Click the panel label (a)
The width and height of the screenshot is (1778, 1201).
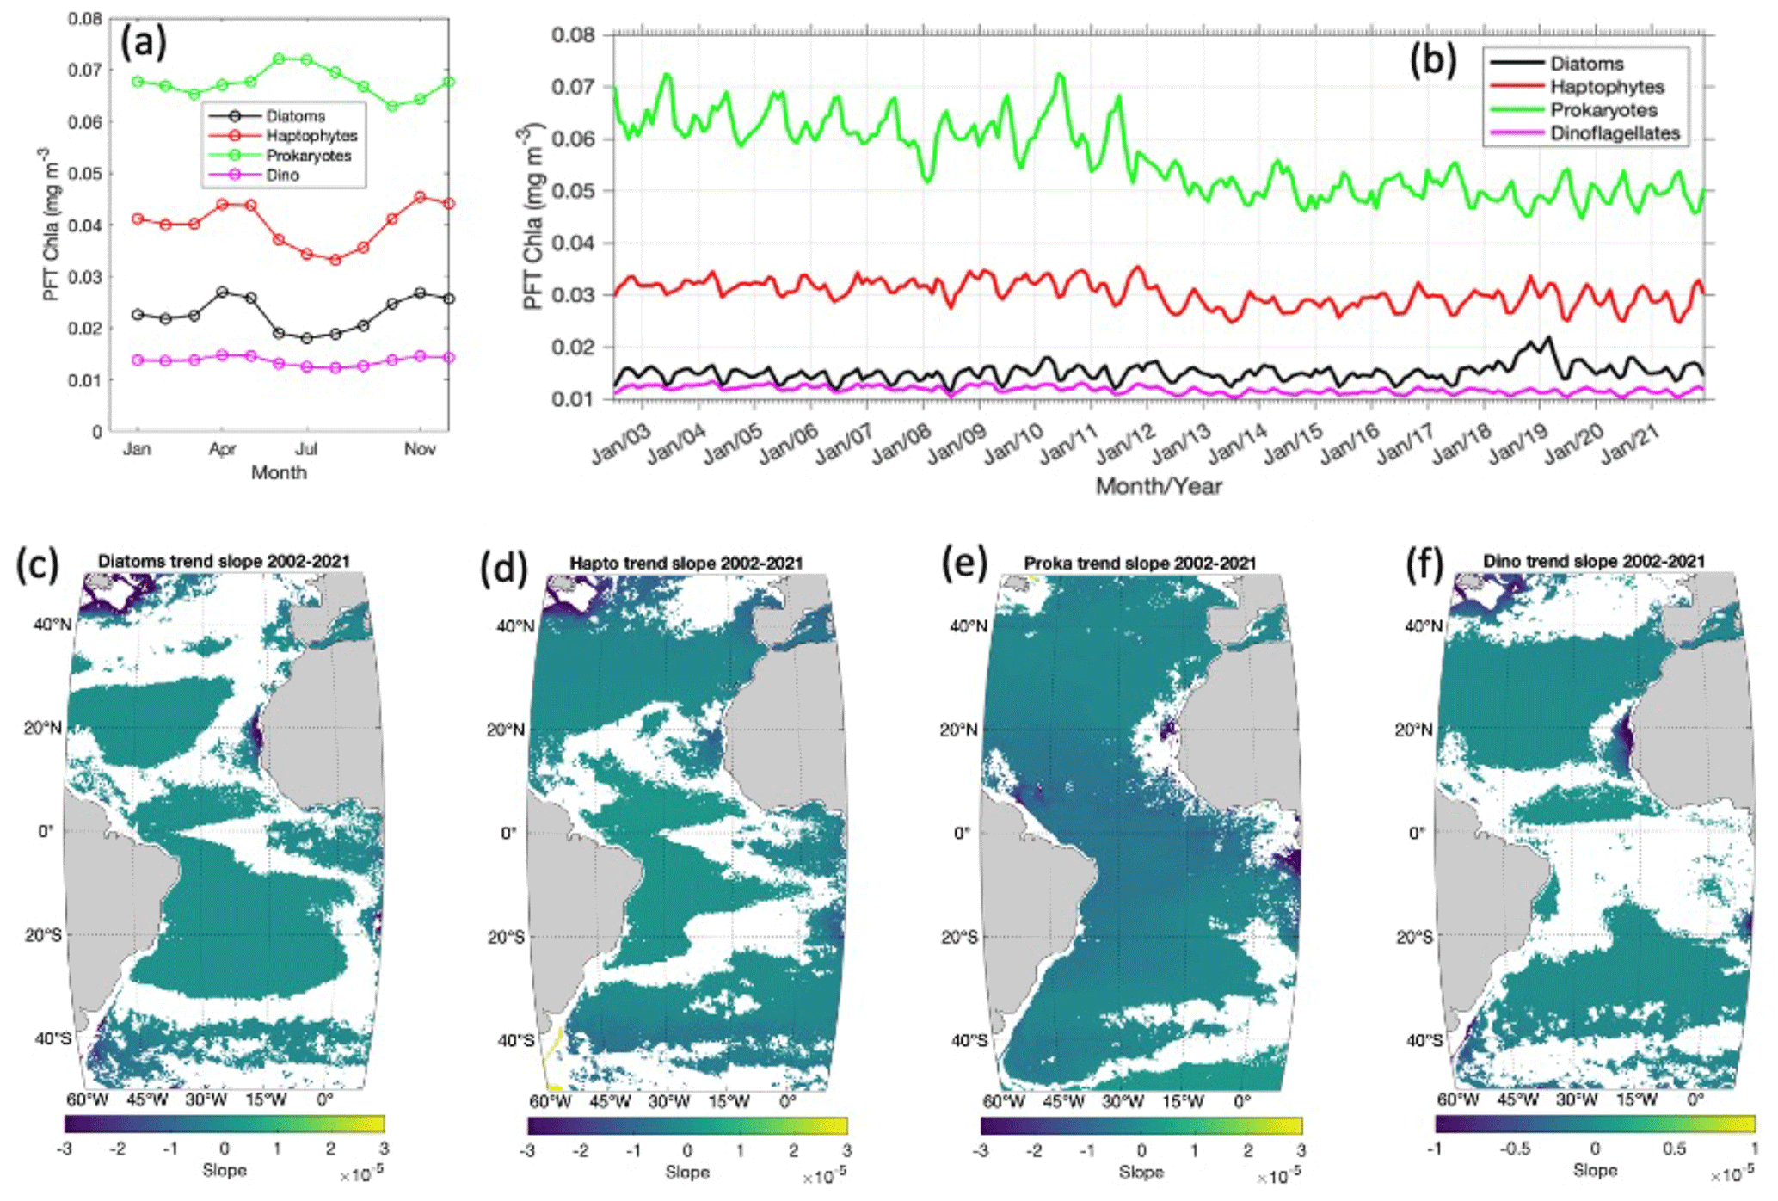pos(143,41)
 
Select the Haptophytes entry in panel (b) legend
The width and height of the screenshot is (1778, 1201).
pos(1606,87)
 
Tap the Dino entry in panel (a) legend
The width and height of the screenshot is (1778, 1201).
pos(282,176)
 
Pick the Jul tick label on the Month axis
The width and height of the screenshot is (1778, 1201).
pos(306,449)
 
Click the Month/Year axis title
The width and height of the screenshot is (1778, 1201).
pos(1158,487)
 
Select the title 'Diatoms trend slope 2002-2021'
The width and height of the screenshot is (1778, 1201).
pos(224,562)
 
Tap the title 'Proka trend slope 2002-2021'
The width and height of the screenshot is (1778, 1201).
pos(1140,564)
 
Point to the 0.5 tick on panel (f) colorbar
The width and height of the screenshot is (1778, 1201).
pos(1674,1149)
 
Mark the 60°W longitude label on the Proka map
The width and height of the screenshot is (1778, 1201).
pos(1003,1102)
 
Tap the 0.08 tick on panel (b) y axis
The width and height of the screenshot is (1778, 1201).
pos(573,35)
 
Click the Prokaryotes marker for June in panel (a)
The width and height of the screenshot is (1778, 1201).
pos(279,59)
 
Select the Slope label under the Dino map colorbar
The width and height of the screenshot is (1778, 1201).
pos(1595,1170)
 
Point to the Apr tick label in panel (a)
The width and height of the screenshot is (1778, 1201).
pos(222,449)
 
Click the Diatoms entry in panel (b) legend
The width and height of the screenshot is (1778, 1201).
pos(1586,64)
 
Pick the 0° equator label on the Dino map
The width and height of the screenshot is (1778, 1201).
pos(1417,833)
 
